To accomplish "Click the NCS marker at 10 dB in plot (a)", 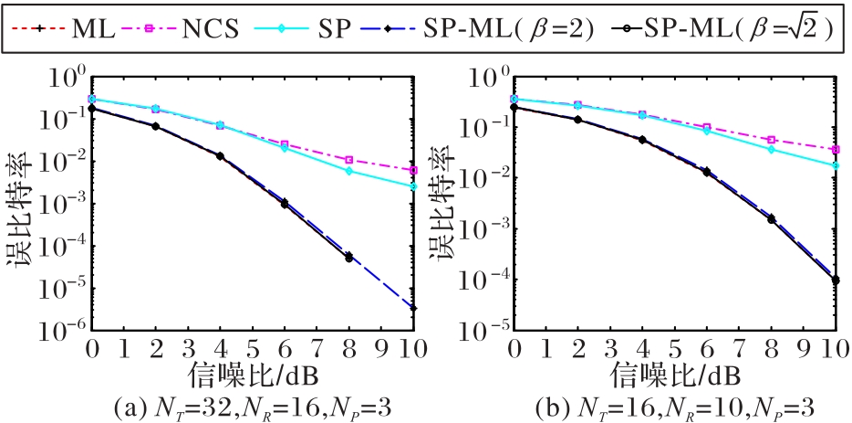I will (x=414, y=170).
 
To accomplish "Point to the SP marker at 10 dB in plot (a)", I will (x=414, y=186).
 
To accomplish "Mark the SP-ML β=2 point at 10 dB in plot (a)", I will (x=414, y=308).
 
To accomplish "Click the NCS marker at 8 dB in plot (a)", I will (x=349, y=160).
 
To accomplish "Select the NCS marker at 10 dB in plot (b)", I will (x=836, y=149).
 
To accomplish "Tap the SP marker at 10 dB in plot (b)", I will (x=836, y=165).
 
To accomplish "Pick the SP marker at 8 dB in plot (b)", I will (x=772, y=149).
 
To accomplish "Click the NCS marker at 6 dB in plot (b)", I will (x=708, y=127).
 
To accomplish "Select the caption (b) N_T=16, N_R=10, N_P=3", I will (x=675, y=405).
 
